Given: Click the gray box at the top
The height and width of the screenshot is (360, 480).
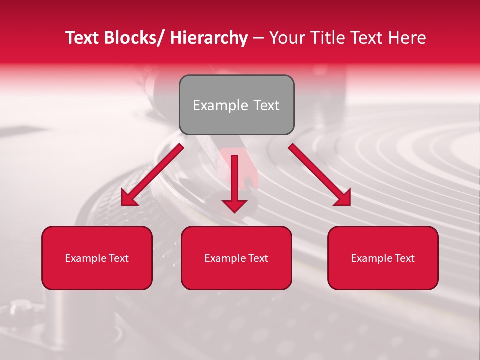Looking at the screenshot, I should pos(236,105).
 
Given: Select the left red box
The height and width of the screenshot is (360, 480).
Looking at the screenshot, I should pos(97,258).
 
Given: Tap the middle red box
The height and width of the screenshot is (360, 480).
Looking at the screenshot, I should pos(236,258).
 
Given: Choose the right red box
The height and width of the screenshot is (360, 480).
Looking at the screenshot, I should pos(383,258).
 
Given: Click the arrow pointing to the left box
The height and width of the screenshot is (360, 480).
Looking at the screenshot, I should pos(152,175).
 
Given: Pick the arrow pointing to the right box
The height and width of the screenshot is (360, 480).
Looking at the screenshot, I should pos(320,175).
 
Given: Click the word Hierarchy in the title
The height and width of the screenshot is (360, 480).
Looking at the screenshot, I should pos(209,38).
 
